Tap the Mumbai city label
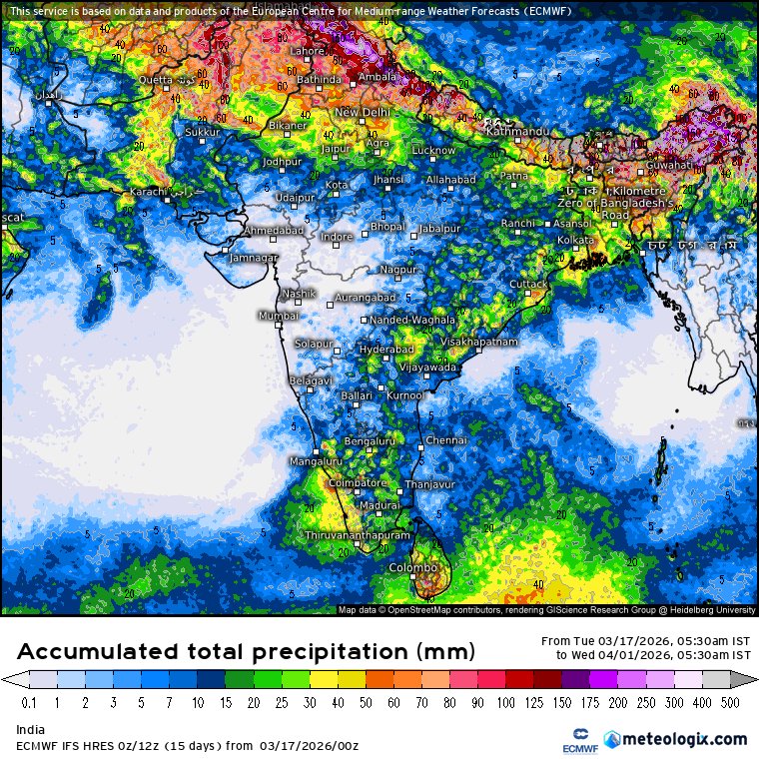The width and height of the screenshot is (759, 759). click(279, 316)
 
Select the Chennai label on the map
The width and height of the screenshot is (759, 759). click(446, 440)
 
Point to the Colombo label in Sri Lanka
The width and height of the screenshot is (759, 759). click(413, 567)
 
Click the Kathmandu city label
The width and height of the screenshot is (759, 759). click(516, 132)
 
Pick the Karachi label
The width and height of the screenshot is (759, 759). click(147, 191)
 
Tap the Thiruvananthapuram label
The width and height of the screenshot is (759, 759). click(358, 536)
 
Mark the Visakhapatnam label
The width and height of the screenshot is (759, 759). click(479, 342)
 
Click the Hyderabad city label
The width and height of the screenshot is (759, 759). click(386, 350)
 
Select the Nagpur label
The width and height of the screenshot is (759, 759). click(397, 270)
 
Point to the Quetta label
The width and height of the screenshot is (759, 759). click(155, 80)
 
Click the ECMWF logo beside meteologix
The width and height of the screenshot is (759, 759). click(573, 740)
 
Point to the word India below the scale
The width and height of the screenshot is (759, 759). click(30, 730)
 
